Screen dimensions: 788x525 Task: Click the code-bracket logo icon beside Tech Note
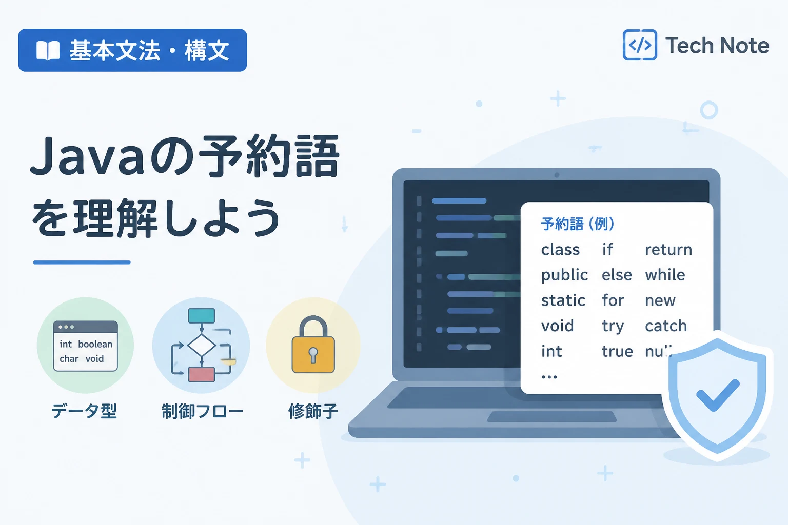pyautogui.click(x=640, y=45)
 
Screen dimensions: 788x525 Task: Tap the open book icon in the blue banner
pyautogui.click(x=48, y=50)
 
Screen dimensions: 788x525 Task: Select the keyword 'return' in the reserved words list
pyautogui.click(x=668, y=250)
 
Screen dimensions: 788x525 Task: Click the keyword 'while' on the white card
pyautogui.click(x=665, y=275)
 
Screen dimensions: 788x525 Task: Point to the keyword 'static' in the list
pyautogui.click(x=563, y=300)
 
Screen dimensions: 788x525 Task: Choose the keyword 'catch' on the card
pyautogui.click(x=666, y=326)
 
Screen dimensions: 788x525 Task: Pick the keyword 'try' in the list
pyautogui.click(x=613, y=327)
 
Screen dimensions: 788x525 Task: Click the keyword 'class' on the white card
pyautogui.click(x=560, y=250)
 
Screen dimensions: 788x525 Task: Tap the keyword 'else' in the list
pyautogui.click(x=617, y=275)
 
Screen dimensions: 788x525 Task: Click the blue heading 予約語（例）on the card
pyautogui.click(x=578, y=224)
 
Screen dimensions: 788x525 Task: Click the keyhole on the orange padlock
pyautogui.click(x=313, y=355)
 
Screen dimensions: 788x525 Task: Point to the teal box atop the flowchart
pyautogui.click(x=202, y=315)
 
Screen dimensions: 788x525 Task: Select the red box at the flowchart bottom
pyautogui.click(x=202, y=374)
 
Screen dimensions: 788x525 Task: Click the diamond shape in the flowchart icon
pyautogui.click(x=202, y=346)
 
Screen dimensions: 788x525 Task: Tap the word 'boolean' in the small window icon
pyautogui.click(x=95, y=344)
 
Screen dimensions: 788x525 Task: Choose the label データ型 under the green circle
pyautogui.click(x=84, y=411)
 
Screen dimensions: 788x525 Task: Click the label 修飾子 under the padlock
pyautogui.click(x=313, y=411)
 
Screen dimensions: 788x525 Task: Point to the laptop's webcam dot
pyautogui.click(x=557, y=175)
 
